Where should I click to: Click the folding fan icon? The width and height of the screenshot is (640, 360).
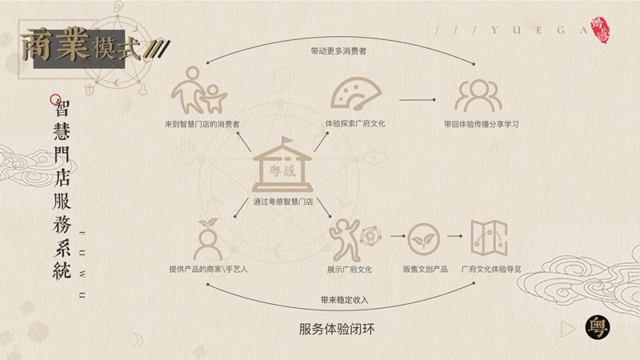coord(356,94)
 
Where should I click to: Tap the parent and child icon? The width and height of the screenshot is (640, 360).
coord(198,90)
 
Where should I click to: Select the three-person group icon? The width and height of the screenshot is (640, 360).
coord(478,96)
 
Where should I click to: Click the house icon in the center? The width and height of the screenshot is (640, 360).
coord(282,165)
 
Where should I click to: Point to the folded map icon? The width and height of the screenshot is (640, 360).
coord(489,238)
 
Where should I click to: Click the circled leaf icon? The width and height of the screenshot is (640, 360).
coord(424,239)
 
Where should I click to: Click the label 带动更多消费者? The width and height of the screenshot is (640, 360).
coord(338,51)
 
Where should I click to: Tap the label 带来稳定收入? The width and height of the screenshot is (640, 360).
coord(344,300)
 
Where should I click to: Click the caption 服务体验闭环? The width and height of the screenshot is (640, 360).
coord(337,329)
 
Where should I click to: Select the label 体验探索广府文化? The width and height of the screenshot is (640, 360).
coord(355,123)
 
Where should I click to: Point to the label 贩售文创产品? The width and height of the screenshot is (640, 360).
coord(425,269)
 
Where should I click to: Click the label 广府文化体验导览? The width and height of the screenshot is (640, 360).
coord(491,269)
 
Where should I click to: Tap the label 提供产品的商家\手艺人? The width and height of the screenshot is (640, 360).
coord(208,269)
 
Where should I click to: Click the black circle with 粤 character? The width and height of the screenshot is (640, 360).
coord(598,328)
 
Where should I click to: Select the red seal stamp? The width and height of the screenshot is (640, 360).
coord(600,30)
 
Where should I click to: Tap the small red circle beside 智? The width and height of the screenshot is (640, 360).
coord(55,99)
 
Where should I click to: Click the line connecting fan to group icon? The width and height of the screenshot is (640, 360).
coord(417,99)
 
